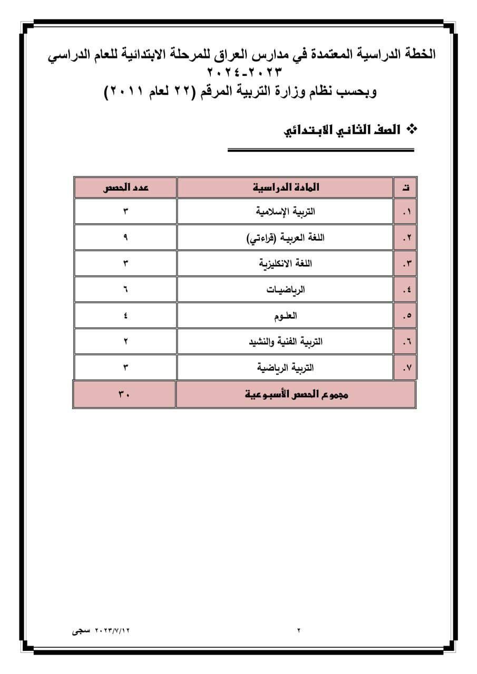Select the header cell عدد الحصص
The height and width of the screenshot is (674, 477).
tap(125, 187)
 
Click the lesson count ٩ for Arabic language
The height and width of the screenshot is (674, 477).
tap(125, 237)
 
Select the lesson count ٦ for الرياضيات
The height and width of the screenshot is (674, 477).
tap(125, 290)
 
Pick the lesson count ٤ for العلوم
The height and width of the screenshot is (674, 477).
tap(125, 315)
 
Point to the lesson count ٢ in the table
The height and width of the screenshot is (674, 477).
tap(125, 342)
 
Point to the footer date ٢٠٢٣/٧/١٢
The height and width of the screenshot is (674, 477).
tap(112, 630)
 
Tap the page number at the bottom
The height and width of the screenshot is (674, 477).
tap(298, 630)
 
